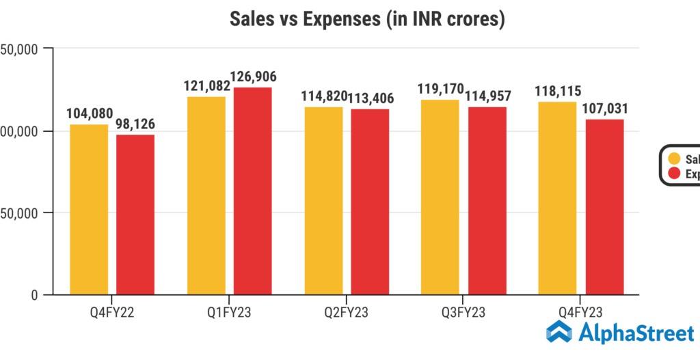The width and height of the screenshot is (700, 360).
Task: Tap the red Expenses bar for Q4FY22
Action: tap(135, 214)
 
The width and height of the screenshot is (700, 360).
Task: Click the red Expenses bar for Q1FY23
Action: tap(252, 191)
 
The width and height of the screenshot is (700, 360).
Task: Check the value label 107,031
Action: tap(604, 108)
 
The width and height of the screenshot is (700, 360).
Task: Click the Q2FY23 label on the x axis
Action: tap(346, 312)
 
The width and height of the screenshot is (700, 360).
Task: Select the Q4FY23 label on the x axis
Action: tap(580, 312)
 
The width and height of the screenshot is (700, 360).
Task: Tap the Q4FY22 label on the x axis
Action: tap(111, 312)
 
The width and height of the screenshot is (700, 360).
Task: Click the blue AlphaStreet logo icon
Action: tap(560, 333)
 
